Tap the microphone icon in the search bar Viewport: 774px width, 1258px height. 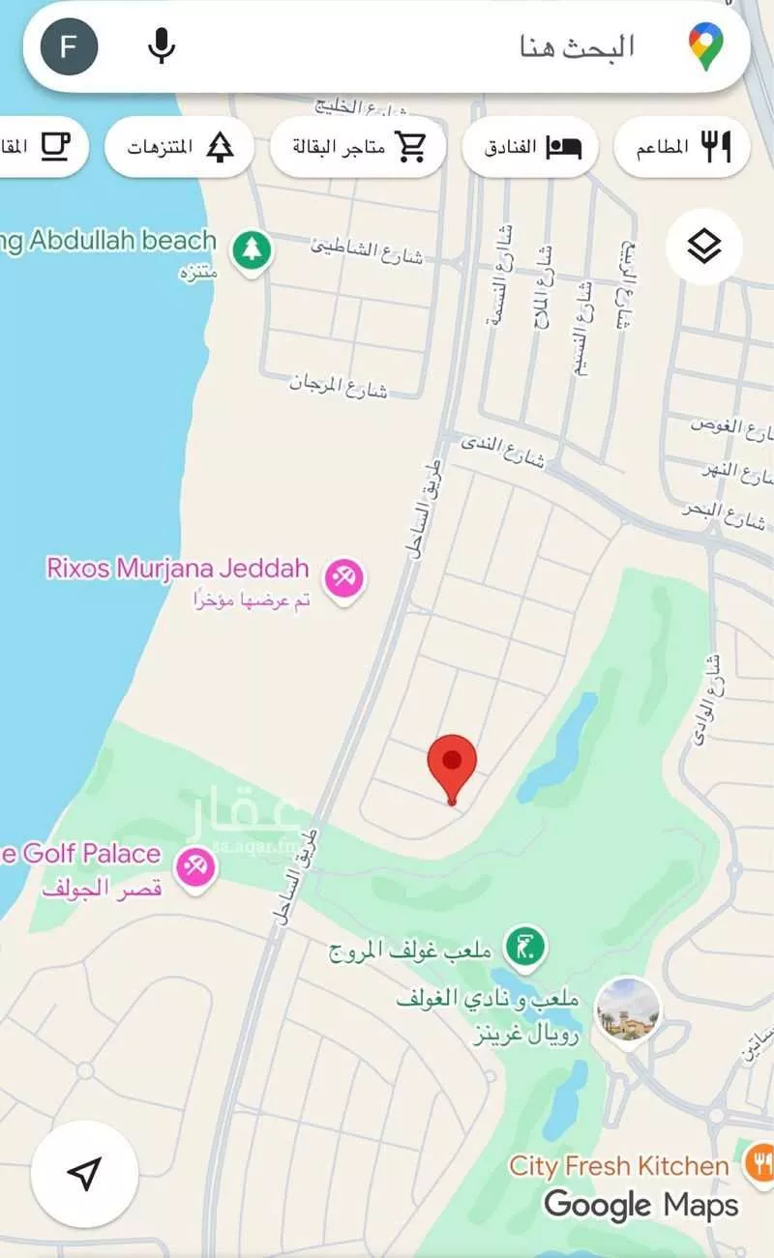pos(161,46)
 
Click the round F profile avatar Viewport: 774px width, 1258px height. pos(69,46)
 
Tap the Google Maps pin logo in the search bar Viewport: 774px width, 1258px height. pos(707,46)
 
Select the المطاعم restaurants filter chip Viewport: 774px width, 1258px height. pos(682,147)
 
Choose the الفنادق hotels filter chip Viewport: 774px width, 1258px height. pos(529,147)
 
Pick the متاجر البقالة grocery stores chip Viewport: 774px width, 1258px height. pos(358,147)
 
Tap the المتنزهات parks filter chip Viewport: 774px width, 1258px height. pos(179,147)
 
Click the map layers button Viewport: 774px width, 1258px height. pos(704,248)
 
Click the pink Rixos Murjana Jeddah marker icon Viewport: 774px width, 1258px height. pos(342,578)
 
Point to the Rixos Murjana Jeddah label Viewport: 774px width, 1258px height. pos(177,568)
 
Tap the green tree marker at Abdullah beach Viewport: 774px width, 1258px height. pos(252,250)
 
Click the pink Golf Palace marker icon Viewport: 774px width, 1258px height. pos(195,864)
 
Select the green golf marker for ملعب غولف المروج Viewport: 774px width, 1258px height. pos(527,945)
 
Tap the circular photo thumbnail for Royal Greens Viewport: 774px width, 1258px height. pos(628,1009)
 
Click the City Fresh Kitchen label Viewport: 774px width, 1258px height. pos(619,1166)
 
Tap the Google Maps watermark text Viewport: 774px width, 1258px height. pos(640,1205)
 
